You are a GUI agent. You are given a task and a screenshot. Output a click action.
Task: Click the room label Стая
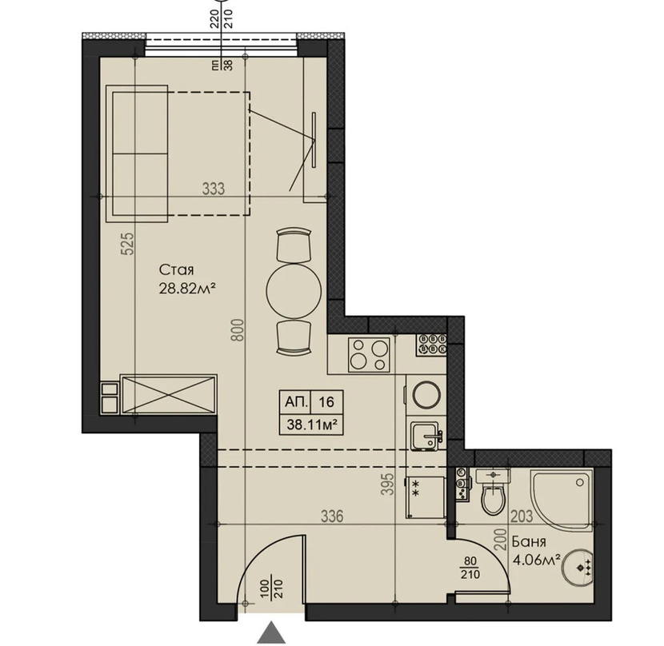[176, 270]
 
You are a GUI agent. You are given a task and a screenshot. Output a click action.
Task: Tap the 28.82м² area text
[185, 289]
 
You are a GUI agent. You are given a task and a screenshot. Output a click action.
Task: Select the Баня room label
[529, 541]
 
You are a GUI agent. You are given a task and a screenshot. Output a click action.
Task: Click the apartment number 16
[326, 401]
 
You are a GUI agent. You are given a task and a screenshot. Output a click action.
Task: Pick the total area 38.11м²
[312, 425]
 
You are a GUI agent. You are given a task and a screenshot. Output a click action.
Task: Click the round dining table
[294, 291]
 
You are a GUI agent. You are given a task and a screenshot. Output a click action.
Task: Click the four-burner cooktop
[369, 355]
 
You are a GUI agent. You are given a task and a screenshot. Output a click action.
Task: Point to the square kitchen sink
[427, 434]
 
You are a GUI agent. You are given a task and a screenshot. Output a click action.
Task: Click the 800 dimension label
[238, 329]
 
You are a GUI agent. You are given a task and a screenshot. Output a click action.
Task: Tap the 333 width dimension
[213, 189]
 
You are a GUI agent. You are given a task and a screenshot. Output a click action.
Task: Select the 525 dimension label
[128, 243]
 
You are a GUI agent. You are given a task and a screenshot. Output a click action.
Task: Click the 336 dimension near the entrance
[332, 516]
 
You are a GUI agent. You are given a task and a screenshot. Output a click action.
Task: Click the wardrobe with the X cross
[169, 394]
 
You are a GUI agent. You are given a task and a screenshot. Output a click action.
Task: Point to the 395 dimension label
[387, 484]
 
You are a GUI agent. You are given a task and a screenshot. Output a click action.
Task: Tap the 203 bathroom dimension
[522, 516]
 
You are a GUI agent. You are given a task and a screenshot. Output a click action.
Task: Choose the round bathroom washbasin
[578, 568]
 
